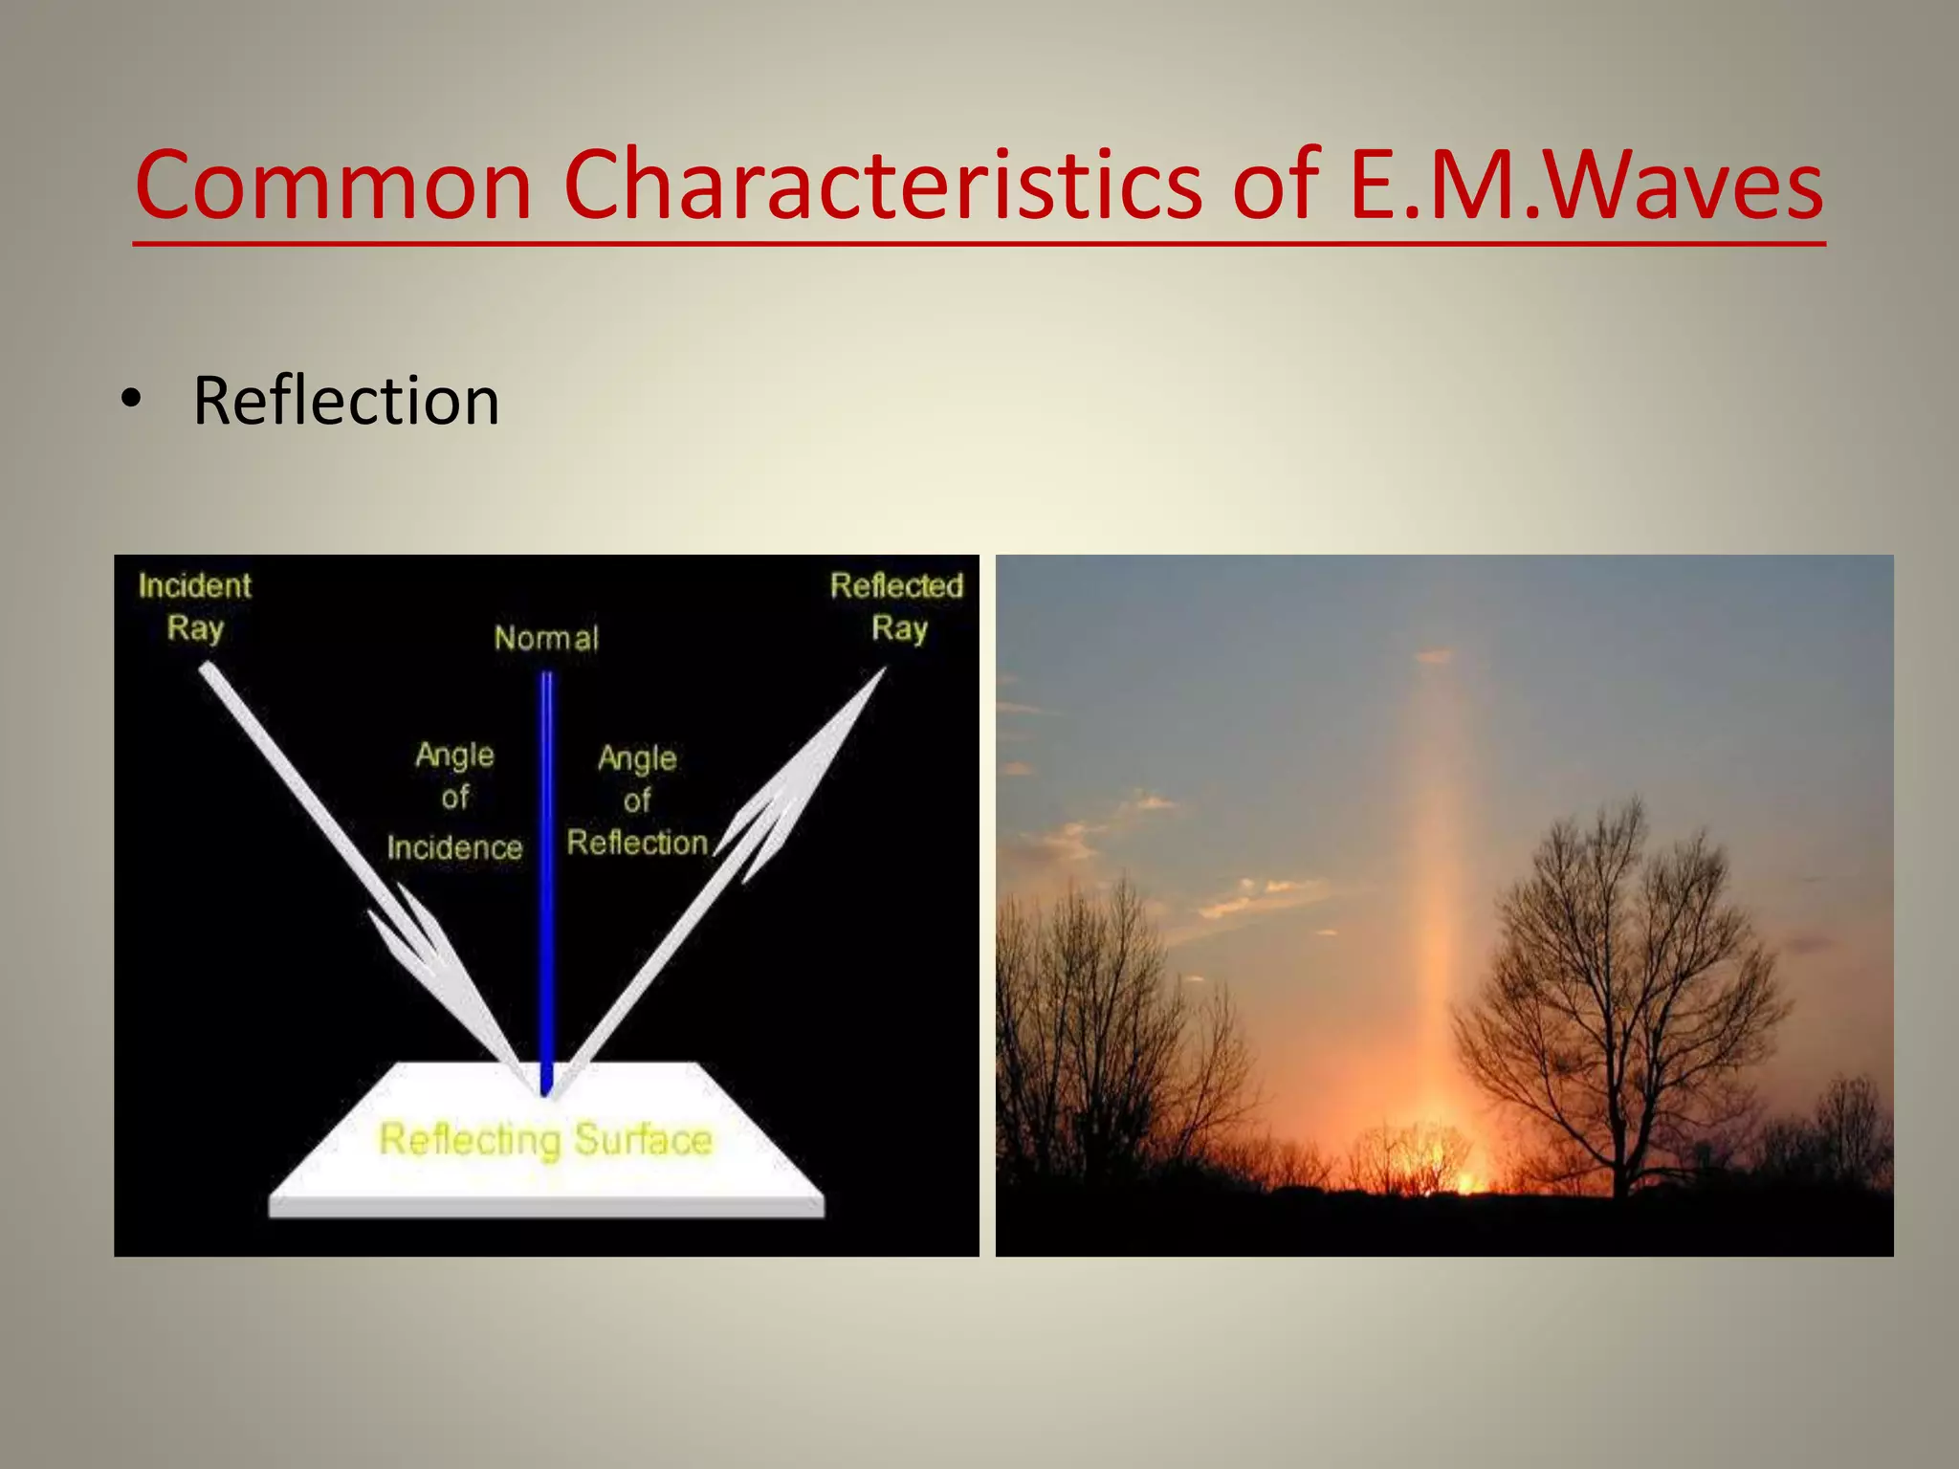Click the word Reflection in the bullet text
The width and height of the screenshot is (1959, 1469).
point(346,401)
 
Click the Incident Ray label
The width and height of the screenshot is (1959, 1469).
point(194,606)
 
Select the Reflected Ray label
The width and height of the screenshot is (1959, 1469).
point(896,606)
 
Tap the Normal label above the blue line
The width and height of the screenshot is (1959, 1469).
point(546,638)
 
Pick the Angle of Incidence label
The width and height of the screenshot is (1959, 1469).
point(455,800)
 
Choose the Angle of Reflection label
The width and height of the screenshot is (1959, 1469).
point(637,801)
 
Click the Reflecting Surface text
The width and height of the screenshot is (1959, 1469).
point(545,1140)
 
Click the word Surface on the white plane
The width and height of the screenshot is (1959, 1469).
point(643,1140)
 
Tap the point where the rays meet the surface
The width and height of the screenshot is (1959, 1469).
point(546,1093)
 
